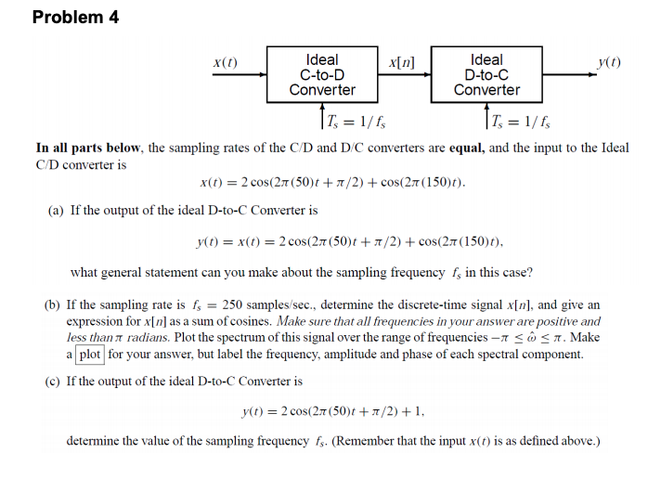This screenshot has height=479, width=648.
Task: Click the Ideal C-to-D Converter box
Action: pos(321,75)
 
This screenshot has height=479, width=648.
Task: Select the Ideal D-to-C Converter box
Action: pos(486,75)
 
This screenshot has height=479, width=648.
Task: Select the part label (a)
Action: pos(57,211)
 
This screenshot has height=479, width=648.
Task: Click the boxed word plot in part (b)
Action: pos(90,354)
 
